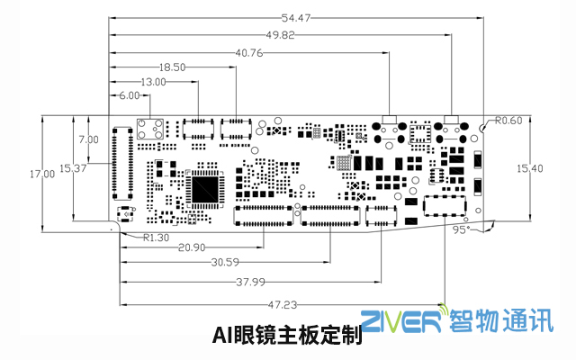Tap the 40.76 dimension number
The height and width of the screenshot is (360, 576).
(x=250, y=52)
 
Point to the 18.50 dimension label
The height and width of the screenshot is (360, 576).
(x=172, y=67)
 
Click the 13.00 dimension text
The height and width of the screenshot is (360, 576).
(x=154, y=82)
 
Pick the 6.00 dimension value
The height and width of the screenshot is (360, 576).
(x=130, y=95)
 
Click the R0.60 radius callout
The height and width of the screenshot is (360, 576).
(x=508, y=120)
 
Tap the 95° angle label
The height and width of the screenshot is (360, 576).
(x=461, y=229)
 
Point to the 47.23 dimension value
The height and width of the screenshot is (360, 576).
(x=283, y=304)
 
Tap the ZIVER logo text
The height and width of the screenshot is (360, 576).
(x=402, y=321)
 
